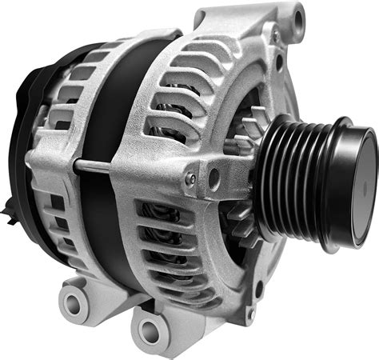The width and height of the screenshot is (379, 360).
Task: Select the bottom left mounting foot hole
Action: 75,303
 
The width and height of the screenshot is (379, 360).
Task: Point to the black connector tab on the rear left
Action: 9,213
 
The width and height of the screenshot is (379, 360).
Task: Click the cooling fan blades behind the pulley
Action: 244,144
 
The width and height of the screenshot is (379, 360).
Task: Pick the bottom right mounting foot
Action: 160,324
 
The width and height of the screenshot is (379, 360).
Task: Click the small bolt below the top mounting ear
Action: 276,36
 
